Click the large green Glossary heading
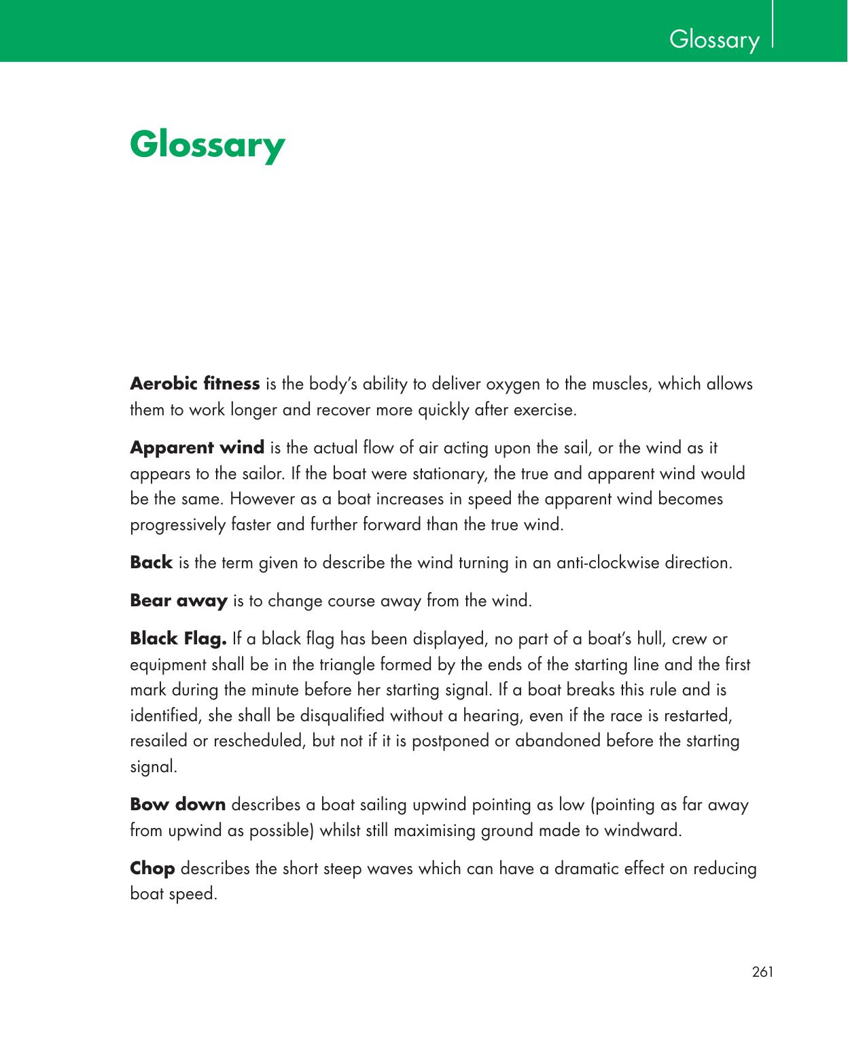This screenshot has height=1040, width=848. [207, 145]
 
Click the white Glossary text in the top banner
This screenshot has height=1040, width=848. [714, 39]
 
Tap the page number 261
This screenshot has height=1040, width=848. [762, 972]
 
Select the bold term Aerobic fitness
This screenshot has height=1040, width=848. [194, 384]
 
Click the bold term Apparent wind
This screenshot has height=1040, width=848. [197, 448]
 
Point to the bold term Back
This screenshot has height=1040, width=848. [151, 563]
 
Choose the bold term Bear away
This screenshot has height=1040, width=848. [178, 601]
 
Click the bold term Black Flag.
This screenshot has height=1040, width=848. [178, 639]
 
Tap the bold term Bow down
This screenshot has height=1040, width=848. [177, 805]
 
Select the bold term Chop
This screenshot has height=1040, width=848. [152, 869]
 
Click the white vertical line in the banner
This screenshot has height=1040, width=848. [773, 24]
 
